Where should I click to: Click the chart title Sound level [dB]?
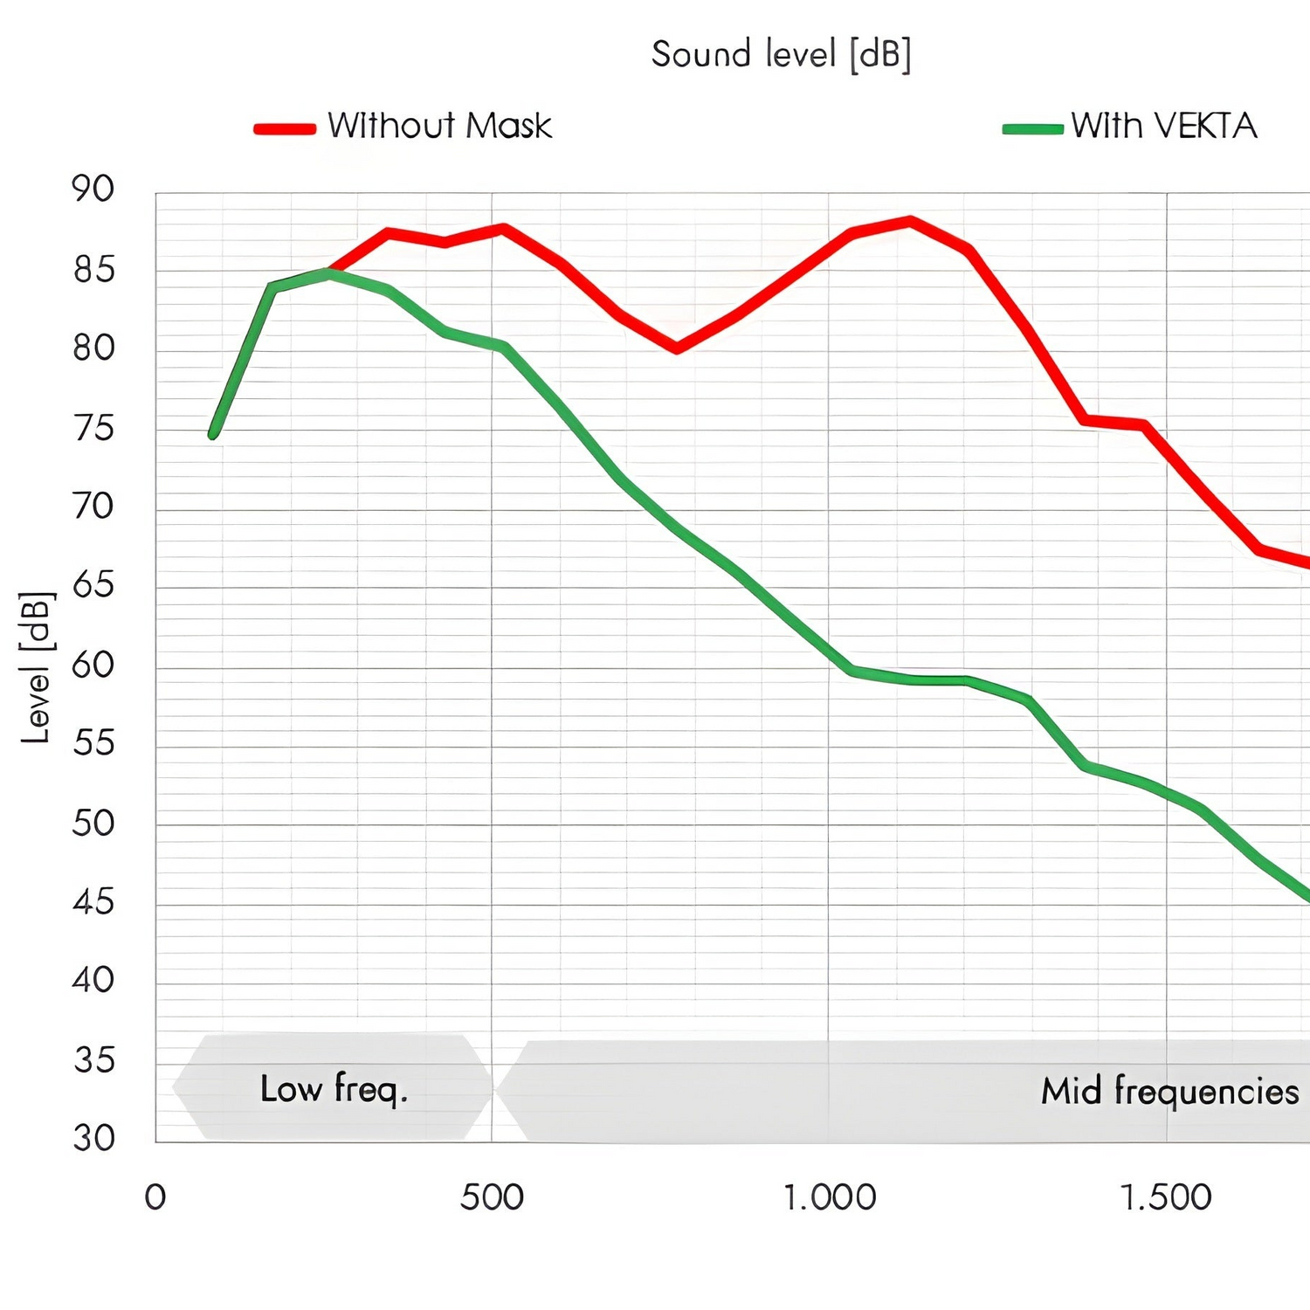(x=781, y=55)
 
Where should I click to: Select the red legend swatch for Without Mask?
(x=285, y=128)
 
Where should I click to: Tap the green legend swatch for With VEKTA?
(x=1032, y=128)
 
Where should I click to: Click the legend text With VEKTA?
(x=1163, y=127)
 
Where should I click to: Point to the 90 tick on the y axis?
(x=93, y=189)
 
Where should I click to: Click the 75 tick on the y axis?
(x=93, y=428)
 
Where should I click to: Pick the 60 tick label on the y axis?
(x=93, y=665)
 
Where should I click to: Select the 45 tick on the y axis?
(x=93, y=901)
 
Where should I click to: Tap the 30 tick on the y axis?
(x=93, y=1138)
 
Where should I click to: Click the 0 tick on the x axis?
(x=155, y=1197)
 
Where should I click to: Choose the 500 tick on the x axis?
(x=492, y=1197)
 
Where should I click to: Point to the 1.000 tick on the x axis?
(x=829, y=1197)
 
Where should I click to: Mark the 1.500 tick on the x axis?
(x=1166, y=1197)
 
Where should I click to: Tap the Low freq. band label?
(x=334, y=1089)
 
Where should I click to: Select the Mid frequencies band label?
(x=1169, y=1092)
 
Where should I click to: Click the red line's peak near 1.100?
(x=910, y=221)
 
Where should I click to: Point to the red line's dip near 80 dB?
(x=676, y=348)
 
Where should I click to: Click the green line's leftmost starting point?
(x=213, y=434)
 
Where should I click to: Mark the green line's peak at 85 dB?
(x=327, y=273)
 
